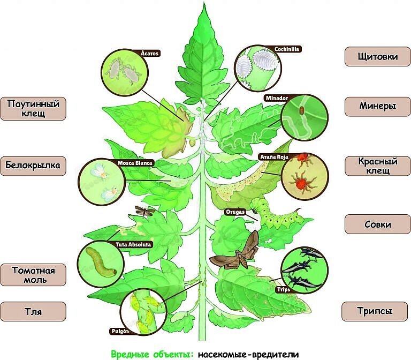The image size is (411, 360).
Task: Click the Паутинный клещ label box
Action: coord(33,108)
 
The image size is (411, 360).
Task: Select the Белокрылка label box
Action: coord(33,166)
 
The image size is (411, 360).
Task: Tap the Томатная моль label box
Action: coord(33,274)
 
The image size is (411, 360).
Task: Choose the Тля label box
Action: coord(33,311)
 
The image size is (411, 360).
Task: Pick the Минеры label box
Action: coord(377,106)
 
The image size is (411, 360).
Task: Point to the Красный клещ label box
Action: coord(377,166)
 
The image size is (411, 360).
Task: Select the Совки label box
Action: coord(377,224)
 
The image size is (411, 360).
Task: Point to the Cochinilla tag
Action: coord(286,49)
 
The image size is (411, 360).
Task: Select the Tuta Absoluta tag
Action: coord(134,245)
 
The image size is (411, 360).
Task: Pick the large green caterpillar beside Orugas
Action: coord(278,213)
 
